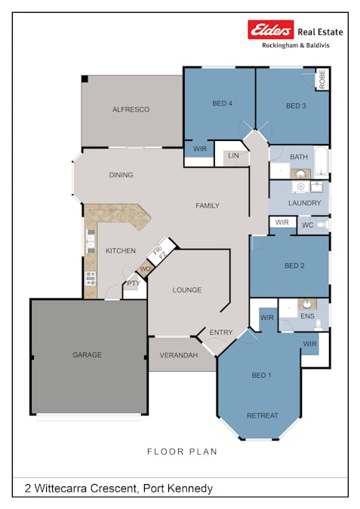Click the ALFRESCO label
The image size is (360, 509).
[x=131, y=109]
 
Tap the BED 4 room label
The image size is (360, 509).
[x=222, y=103]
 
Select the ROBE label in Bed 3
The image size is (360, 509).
[x=322, y=80]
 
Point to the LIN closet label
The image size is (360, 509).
[x=233, y=156]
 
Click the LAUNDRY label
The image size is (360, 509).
[x=305, y=203]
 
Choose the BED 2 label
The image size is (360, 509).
[x=294, y=265]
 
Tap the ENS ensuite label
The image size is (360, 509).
[x=307, y=316]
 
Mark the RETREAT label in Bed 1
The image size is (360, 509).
[x=262, y=415]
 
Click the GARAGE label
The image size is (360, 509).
[x=87, y=354]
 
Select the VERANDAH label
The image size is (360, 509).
[x=179, y=354]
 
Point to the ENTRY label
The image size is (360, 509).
[x=221, y=333]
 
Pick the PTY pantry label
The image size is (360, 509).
[x=133, y=284]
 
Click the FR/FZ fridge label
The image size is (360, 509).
[x=161, y=253]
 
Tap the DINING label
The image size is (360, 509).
[x=121, y=175]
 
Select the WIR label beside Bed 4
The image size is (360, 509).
[x=200, y=149]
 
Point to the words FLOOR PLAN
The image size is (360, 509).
[x=182, y=452]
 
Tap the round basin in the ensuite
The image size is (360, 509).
[x=307, y=303]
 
